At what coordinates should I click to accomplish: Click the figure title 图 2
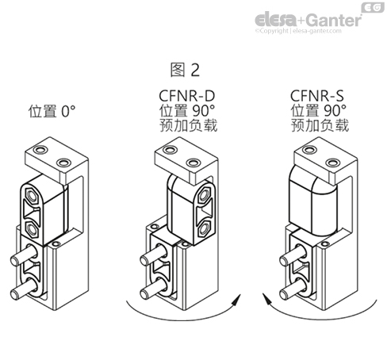[x=185, y=71]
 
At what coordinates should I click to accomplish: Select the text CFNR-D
[x=187, y=96]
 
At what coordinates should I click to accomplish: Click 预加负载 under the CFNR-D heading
[x=187, y=126]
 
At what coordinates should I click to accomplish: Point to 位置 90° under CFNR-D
[x=187, y=111]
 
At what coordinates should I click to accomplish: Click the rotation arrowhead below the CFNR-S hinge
[x=267, y=300]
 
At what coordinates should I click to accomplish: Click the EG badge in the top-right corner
[x=373, y=7]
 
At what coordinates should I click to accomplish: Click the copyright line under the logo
[x=308, y=32]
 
